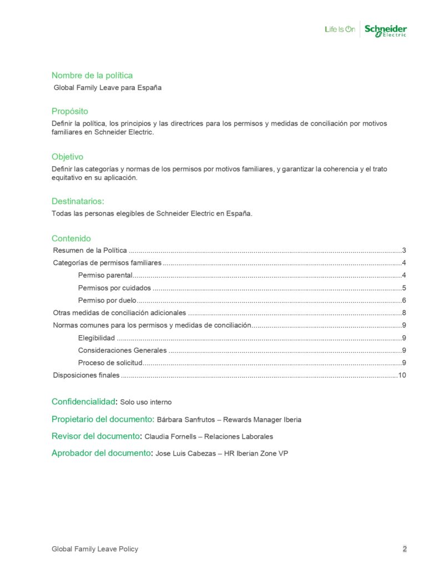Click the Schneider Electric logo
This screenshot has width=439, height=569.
pyautogui.click(x=385, y=30)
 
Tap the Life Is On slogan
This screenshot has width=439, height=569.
pyautogui.click(x=340, y=29)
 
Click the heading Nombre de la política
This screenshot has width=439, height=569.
pyautogui.click(x=92, y=75)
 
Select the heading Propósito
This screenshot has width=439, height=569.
pyautogui.click(x=70, y=111)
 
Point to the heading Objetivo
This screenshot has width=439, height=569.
pyautogui.click(x=68, y=157)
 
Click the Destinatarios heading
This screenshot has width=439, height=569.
pyautogui.click(x=78, y=201)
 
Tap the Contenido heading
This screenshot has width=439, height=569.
pyautogui.click(x=71, y=238)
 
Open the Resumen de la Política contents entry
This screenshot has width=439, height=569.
pyautogui.click(x=90, y=250)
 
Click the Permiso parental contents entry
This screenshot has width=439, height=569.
pyautogui.click(x=105, y=276)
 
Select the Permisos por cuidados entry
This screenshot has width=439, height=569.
pyautogui.click(x=114, y=288)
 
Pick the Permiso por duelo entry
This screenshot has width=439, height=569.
pyautogui.click(x=108, y=300)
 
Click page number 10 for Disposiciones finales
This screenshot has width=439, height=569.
pyautogui.click(x=402, y=375)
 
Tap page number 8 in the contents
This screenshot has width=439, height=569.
pyautogui.click(x=405, y=313)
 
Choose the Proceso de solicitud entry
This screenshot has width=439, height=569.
pyautogui.click(x=110, y=363)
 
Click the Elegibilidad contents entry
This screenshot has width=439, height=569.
pyautogui.click(x=97, y=338)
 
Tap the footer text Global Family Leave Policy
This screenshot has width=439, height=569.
pyautogui.click(x=95, y=549)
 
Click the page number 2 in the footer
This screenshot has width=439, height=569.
pyautogui.click(x=405, y=549)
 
